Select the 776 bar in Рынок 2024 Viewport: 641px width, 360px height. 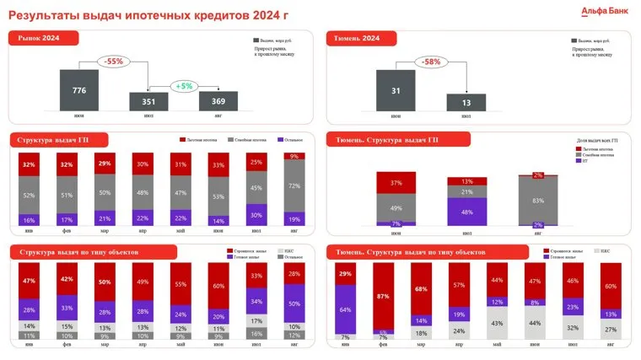79,89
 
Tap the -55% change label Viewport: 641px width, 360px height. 112,62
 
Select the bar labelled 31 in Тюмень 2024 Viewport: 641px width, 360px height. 395,90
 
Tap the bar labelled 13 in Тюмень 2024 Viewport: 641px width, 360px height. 466,102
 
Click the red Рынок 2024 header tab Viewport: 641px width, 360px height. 45,38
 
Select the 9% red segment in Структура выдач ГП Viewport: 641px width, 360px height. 294,156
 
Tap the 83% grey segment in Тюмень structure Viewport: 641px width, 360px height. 537,199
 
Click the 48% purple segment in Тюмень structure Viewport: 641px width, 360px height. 466,212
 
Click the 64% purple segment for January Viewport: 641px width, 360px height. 346,309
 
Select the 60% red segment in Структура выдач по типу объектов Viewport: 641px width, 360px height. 218,286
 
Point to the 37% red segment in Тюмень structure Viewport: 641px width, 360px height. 395,183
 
